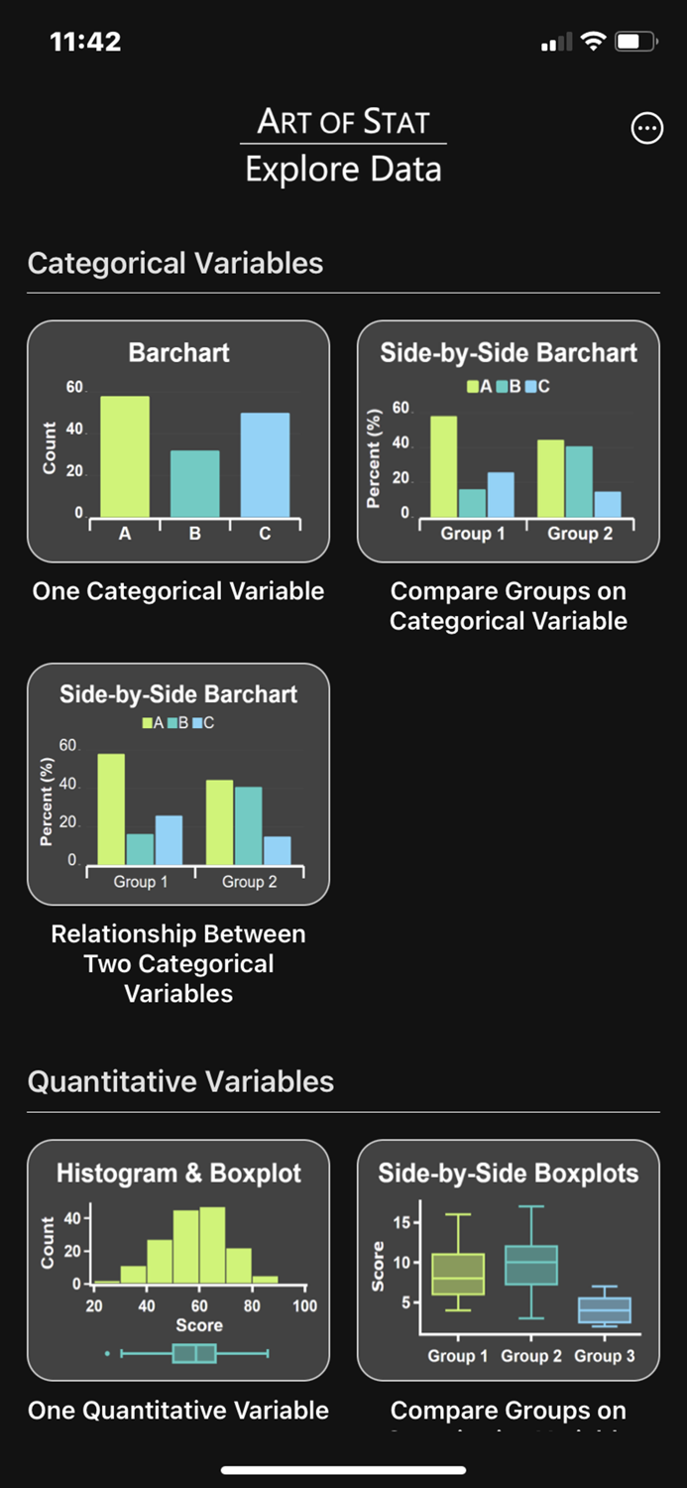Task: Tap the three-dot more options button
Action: point(646,128)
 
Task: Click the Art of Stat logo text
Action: point(343,122)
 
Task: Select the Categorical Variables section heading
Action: point(175,263)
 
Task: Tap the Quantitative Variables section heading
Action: point(180,1081)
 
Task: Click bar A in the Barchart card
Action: point(125,456)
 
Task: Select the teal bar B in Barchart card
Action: point(194,483)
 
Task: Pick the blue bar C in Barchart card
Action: point(265,464)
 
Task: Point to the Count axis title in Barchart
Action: point(50,448)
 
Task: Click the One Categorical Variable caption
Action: point(178,591)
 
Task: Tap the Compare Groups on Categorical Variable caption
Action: point(508,606)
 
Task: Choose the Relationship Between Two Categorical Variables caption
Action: point(178,963)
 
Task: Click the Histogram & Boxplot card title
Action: point(178,1174)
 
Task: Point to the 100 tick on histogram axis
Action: point(304,1305)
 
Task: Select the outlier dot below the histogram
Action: point(107,1353)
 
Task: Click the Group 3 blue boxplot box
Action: point(604,1309)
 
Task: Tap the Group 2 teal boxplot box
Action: point(531,1265)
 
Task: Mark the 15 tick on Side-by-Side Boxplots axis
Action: point(401,1222)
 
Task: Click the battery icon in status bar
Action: point(635,42)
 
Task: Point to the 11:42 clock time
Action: point(85,42)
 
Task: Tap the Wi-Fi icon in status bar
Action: point(593,42)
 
